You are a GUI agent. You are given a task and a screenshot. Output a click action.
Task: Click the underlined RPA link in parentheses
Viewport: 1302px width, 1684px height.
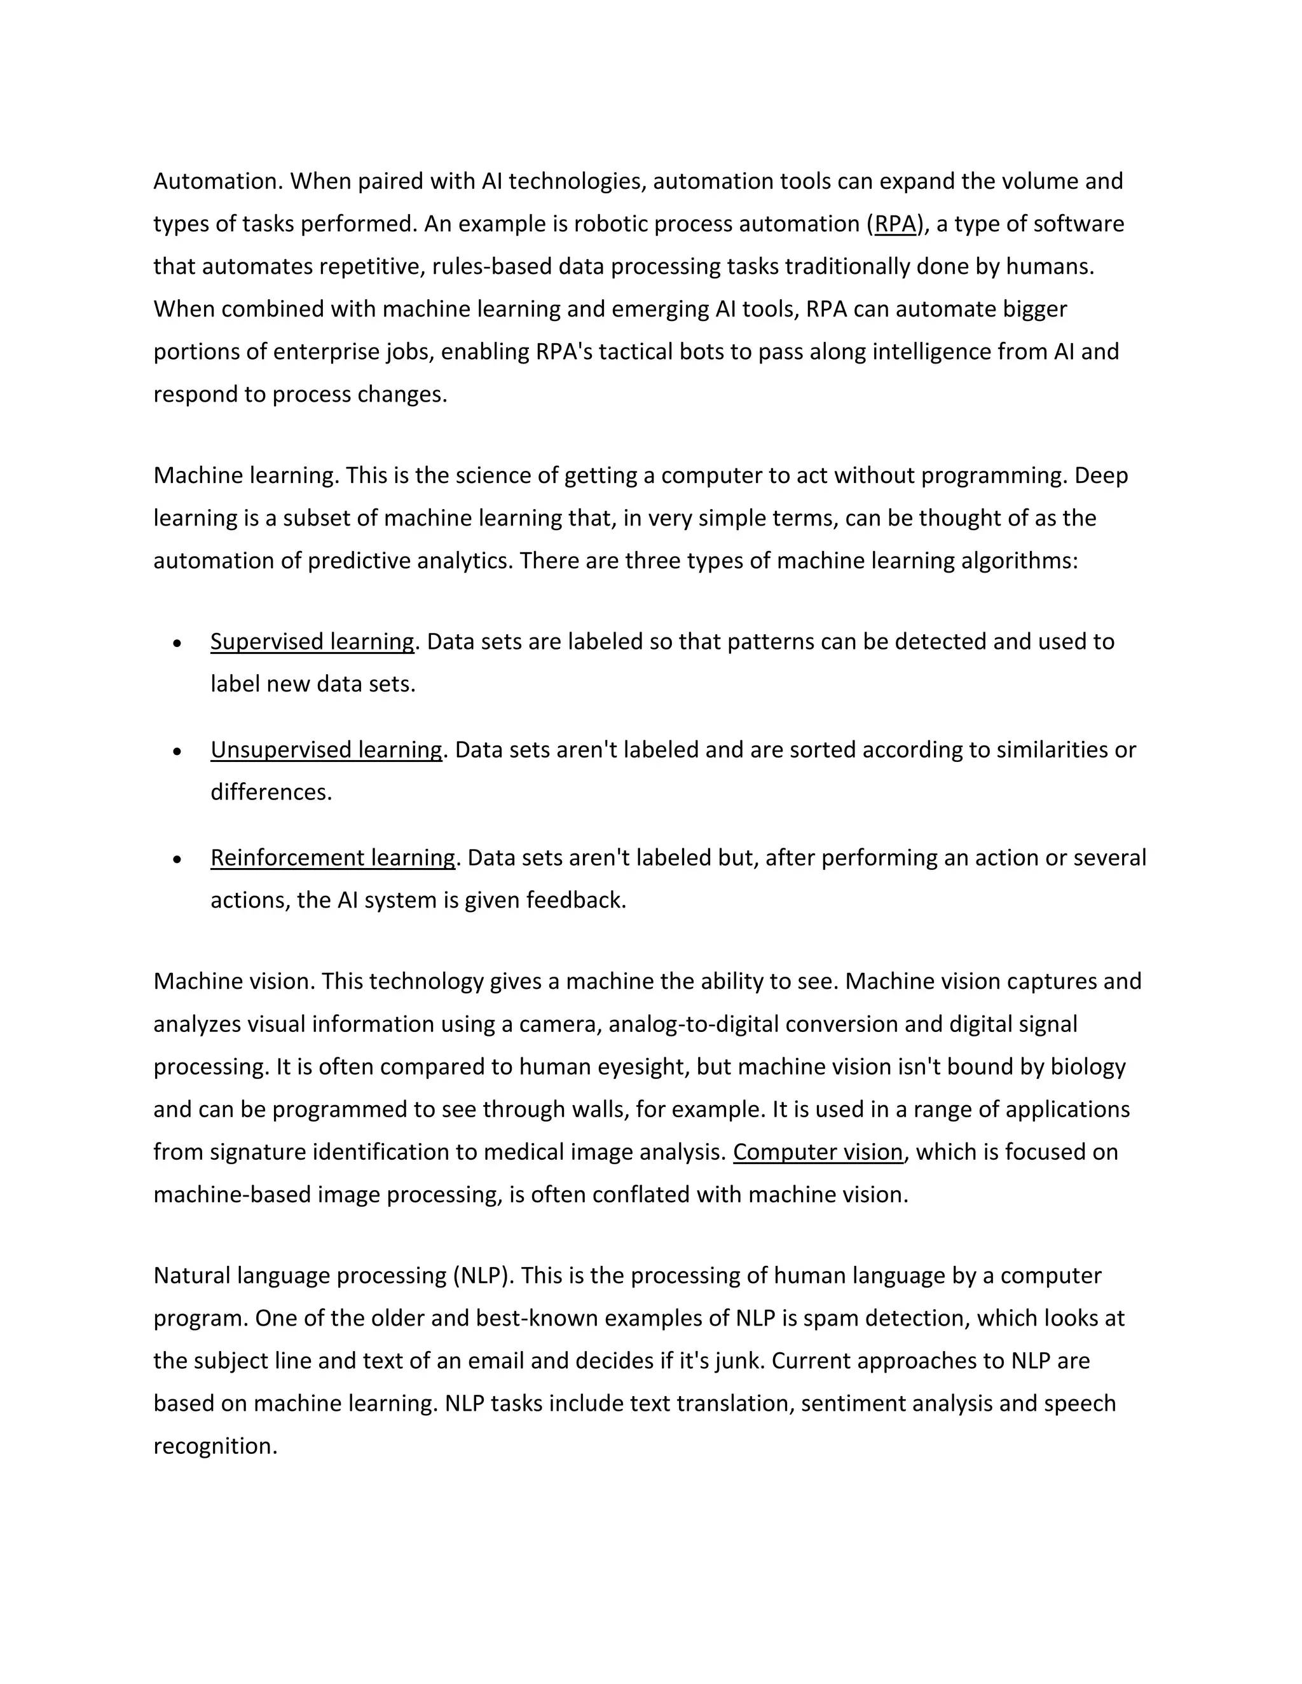coord(894,224)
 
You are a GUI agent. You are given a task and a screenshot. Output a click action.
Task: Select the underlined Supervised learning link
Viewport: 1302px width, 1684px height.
coord(312,642)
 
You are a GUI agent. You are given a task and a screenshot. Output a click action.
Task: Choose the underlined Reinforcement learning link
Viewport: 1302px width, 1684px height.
coord(332,858)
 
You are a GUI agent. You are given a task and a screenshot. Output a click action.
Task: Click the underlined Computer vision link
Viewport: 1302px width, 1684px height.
coord(818,1152)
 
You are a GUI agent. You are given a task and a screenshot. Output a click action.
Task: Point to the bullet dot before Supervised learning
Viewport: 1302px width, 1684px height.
coord(177,643)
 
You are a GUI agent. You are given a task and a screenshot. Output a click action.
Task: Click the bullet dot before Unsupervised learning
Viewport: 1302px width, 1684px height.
coord(177,751)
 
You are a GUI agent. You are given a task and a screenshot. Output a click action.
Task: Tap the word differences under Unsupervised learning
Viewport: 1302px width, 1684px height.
coord(270,792)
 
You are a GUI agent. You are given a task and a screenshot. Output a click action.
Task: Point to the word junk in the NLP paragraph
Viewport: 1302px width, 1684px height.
coord(738,1361)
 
